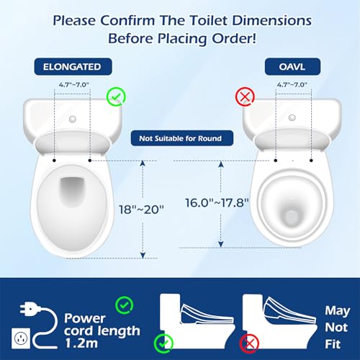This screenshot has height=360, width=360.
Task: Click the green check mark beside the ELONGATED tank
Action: click(115, 96)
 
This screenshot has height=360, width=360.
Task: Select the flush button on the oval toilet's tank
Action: click(292, 117)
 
